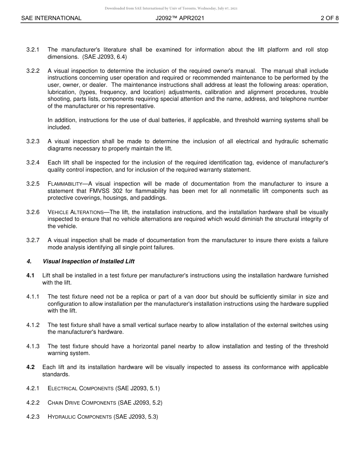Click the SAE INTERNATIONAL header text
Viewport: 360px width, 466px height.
coord(51,18)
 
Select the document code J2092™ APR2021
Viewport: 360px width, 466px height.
coord(180,18)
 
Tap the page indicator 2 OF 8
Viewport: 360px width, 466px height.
coord(329,18)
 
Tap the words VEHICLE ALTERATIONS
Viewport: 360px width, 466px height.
coord(75,212)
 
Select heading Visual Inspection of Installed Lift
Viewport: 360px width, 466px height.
coord(88,261)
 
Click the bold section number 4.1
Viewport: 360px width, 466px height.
coord(30,275)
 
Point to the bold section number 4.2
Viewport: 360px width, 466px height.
coord(30,367)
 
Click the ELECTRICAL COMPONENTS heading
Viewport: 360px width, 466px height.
coord(80,388)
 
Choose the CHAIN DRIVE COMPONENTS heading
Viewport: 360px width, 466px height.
coord(81,402)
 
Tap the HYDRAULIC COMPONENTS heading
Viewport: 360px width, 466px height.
coord(80,417)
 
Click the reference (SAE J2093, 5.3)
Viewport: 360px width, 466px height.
coord(136,417)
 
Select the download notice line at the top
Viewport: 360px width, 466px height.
coord(171,8)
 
